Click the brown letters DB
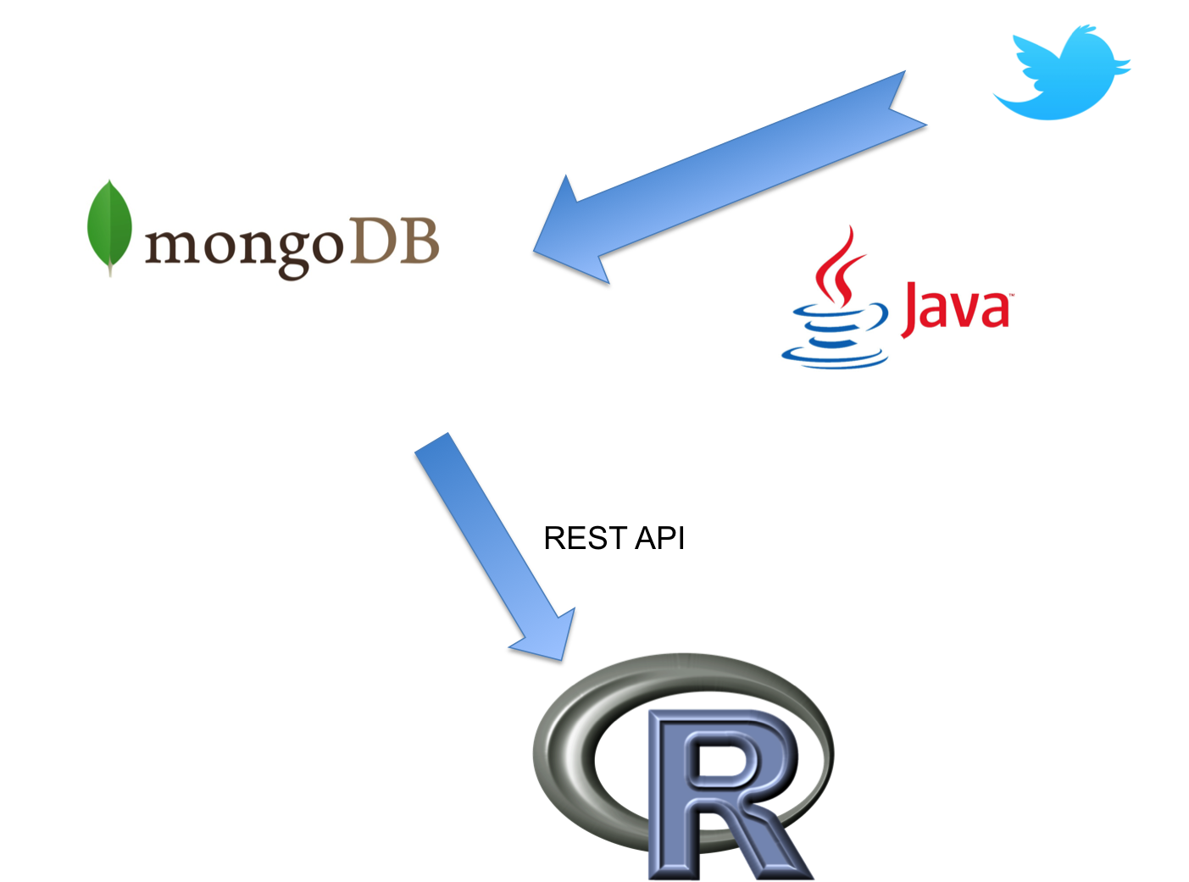395,241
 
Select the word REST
586,538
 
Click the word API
660,538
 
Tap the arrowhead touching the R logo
549,638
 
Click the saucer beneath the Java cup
834,358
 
